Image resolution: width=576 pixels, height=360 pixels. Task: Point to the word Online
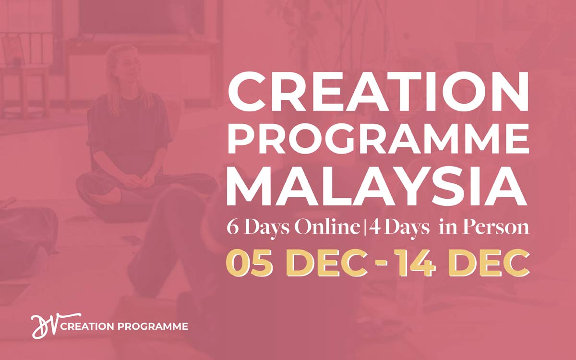tap(327, 228)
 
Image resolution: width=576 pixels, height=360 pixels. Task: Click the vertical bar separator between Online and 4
tap(364, 228)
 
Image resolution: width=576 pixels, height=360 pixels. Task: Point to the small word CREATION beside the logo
tap(87, 326)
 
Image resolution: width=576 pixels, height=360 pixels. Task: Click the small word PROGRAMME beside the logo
tap(153, 326)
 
